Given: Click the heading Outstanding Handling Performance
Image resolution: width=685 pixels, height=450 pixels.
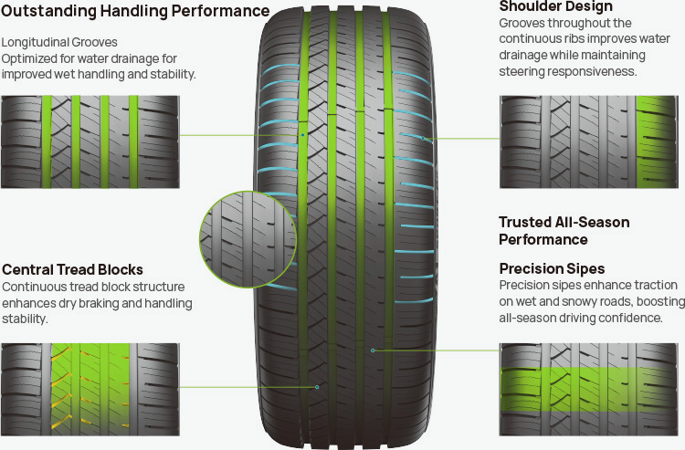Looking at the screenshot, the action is click(135, 11).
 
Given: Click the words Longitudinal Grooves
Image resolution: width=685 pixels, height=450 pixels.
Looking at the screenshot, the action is click(59, 42).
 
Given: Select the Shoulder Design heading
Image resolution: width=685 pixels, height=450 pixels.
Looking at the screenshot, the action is click(555, 6).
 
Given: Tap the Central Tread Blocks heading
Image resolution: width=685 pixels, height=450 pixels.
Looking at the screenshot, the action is click(72, 270).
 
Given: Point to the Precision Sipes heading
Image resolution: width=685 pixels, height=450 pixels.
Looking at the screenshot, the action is click(552, 269).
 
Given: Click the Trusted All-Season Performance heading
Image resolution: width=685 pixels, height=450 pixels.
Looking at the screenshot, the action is click(564, 231).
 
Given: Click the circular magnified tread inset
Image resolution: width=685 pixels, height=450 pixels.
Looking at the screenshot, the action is click(248, 239).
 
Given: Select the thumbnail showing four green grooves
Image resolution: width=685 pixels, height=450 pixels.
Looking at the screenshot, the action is click(90, 141).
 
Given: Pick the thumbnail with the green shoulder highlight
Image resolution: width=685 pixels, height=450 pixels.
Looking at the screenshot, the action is click(589, 141).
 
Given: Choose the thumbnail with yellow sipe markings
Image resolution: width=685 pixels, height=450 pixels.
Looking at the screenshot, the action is click(90, 390).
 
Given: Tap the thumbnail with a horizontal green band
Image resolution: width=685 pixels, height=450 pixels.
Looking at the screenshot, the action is click(589, 390).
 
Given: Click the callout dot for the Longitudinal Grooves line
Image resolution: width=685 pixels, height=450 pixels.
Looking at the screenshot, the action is click(302, 135).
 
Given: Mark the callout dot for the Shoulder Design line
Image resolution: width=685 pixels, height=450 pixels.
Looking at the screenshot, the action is click(423, 139).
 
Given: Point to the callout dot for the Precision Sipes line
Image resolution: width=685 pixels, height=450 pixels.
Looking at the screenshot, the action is click(373, 351).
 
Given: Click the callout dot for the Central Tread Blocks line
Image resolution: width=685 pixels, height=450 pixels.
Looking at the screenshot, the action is click(317, 387).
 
